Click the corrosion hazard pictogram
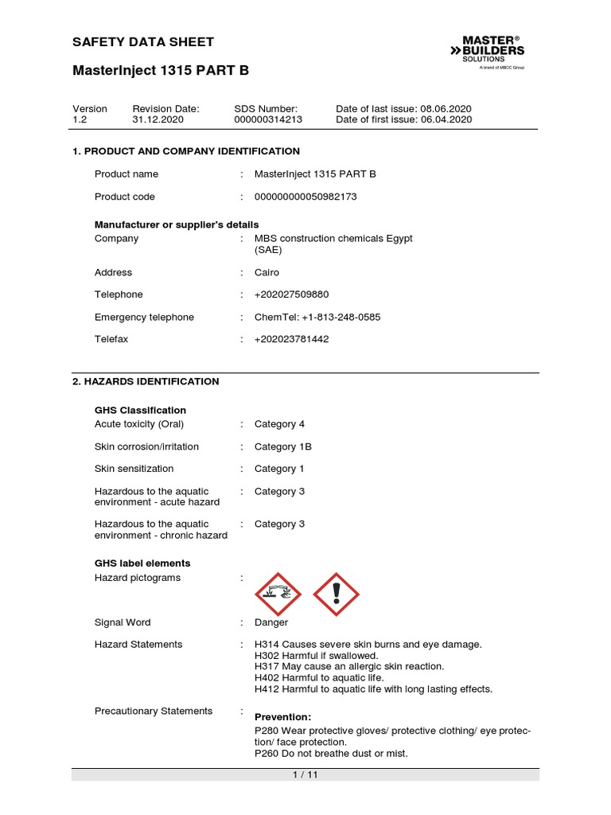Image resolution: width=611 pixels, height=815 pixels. pos(278,595)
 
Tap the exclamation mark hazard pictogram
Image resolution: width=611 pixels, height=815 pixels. pos(337,595)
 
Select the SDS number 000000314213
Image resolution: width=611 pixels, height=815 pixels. pos(268,119)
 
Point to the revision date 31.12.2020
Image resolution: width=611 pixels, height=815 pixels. pos(158,119)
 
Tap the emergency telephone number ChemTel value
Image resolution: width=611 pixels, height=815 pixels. pos(317,317)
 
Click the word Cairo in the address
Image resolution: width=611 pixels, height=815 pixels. pos(267,272)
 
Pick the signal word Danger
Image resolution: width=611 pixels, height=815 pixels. pos(271,622)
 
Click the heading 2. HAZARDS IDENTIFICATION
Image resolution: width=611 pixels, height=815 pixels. pos(146,381)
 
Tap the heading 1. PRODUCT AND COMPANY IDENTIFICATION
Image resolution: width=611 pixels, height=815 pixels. pos(186,151)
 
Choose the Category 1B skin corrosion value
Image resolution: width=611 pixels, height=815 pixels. pos(282,446)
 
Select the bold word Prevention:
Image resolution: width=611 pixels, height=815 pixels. pos(282,717)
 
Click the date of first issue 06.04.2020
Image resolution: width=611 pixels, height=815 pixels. pos(446,119)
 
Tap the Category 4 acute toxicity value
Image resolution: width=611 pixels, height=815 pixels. pos(279,424)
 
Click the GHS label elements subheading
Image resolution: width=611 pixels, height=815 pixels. pos(142,563)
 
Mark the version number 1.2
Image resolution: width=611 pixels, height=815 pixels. pos(79,119)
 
